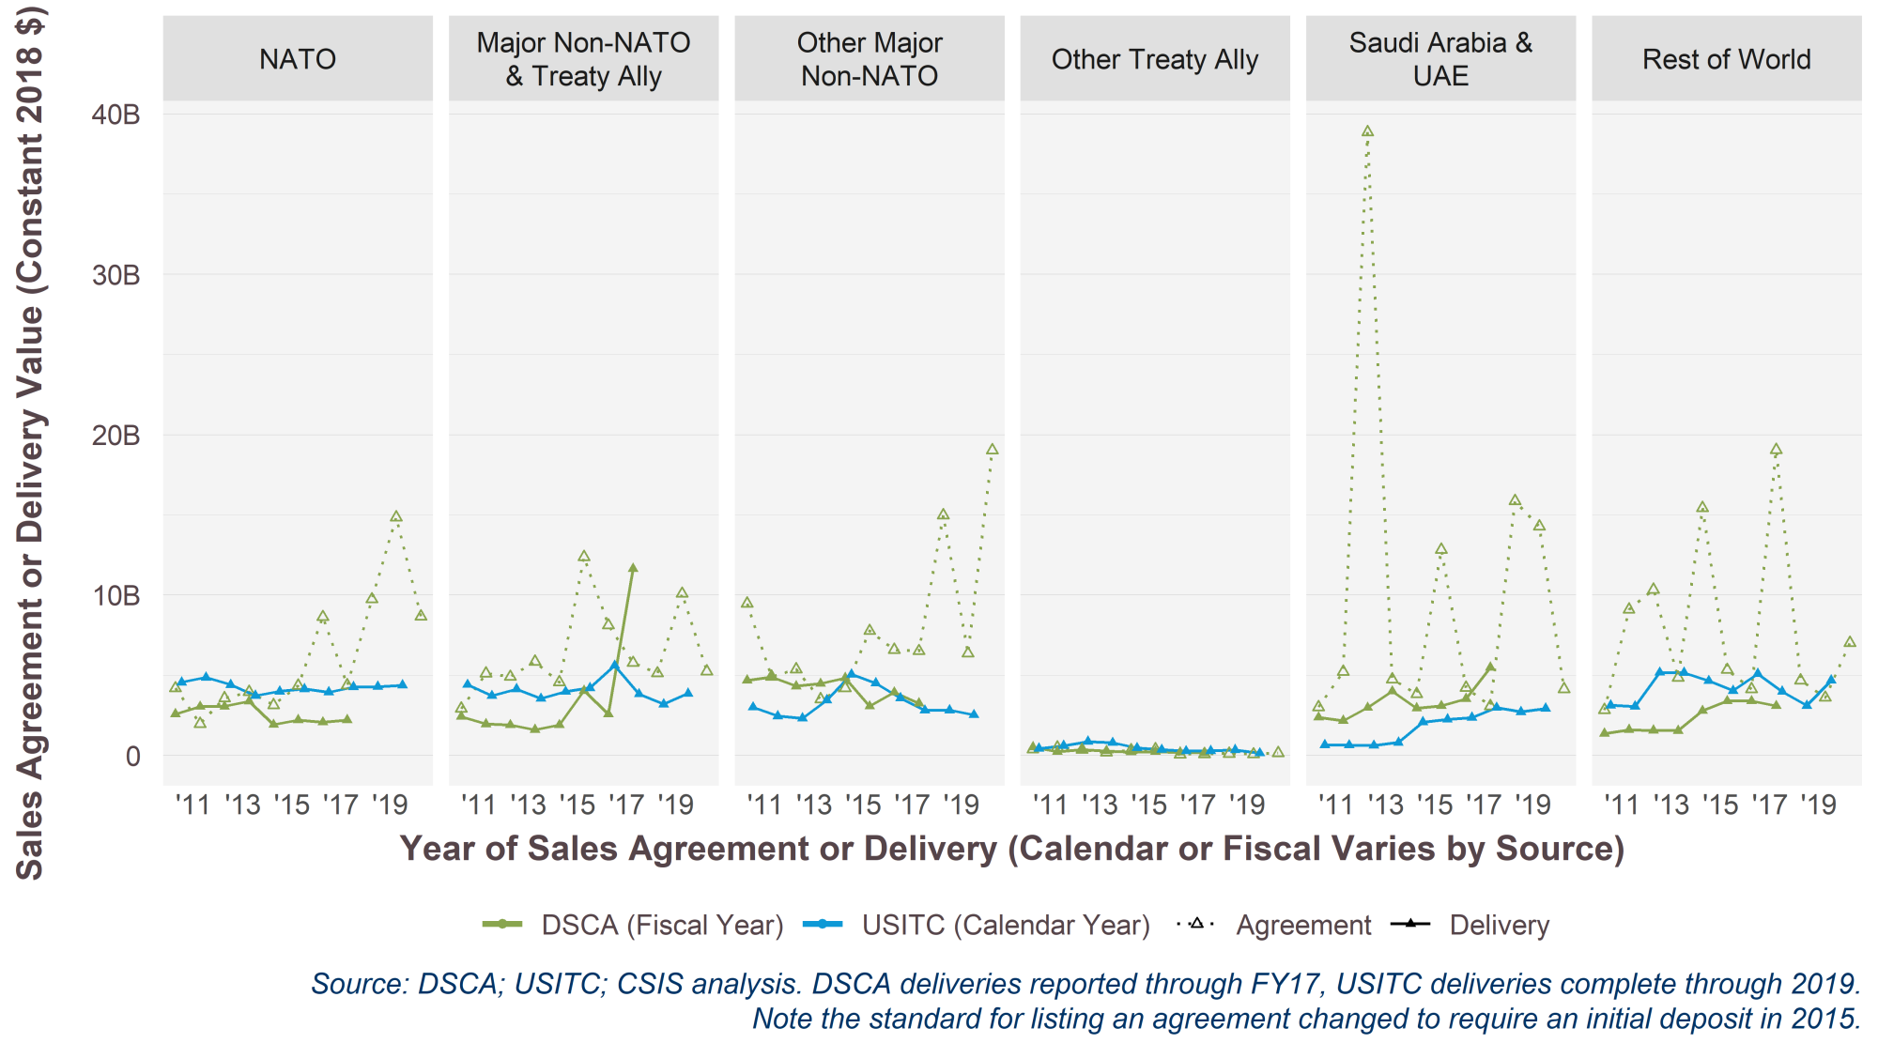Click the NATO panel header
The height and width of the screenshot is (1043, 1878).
click(298, 59)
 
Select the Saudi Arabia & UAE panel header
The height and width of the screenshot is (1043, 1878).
click(1440, 59)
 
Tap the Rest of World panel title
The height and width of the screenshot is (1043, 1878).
click(1726, 59)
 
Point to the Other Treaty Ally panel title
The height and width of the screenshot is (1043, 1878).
click(1154, 59)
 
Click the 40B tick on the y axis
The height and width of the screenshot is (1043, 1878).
click(116, 115)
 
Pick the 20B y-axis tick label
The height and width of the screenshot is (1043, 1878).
click(116, 436)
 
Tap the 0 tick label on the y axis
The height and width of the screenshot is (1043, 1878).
click(132, 757)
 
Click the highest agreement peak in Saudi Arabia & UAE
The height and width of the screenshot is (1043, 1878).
click(1367, 131)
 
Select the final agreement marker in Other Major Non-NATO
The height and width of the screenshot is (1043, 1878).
click(992, 450)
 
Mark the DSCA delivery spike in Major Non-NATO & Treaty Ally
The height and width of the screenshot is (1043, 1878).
click(633, 568)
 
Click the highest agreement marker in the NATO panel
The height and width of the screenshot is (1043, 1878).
click(396, 516)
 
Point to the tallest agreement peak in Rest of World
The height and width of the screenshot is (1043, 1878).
click(1776, 450)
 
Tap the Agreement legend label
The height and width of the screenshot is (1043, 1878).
click(1303, 926)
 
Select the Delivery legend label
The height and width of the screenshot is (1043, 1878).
click(1499, 926)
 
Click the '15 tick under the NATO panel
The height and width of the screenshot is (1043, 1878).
click(291, 805)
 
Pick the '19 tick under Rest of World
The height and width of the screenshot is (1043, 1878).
click(1818, 805)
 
